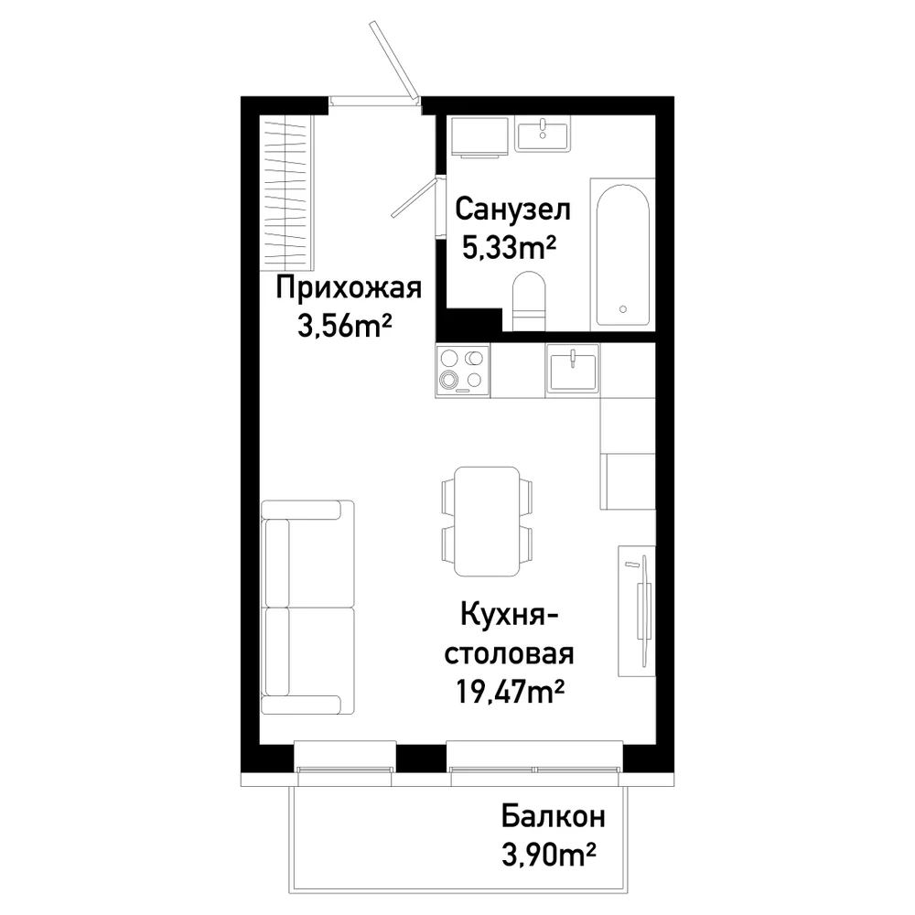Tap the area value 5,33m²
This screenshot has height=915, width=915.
(x=508, y=247)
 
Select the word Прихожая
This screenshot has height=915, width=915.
(x=349, y=288)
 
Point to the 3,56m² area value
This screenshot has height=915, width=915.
(x=344, y=326)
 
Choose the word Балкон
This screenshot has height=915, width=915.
(x=553, y=816)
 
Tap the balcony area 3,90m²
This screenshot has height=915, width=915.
(x=548, y=855)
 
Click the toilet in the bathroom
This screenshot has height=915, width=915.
(x=529, y=301)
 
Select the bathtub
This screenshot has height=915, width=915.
(x=622, y=255)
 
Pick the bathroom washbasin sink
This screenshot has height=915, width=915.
(x=543, y=135)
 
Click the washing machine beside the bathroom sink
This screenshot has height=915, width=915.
(x=479, y=136)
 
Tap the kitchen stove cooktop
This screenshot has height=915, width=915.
(x=462, y=371)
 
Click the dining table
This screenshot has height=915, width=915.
(x=487, y=522)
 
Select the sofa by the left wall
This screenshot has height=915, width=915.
(x=307, y=607)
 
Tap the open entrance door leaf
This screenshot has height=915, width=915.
(x=393, y=61)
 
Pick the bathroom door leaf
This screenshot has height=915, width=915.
(x=414, y=199)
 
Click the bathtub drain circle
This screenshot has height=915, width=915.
(x=622, y=309)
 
